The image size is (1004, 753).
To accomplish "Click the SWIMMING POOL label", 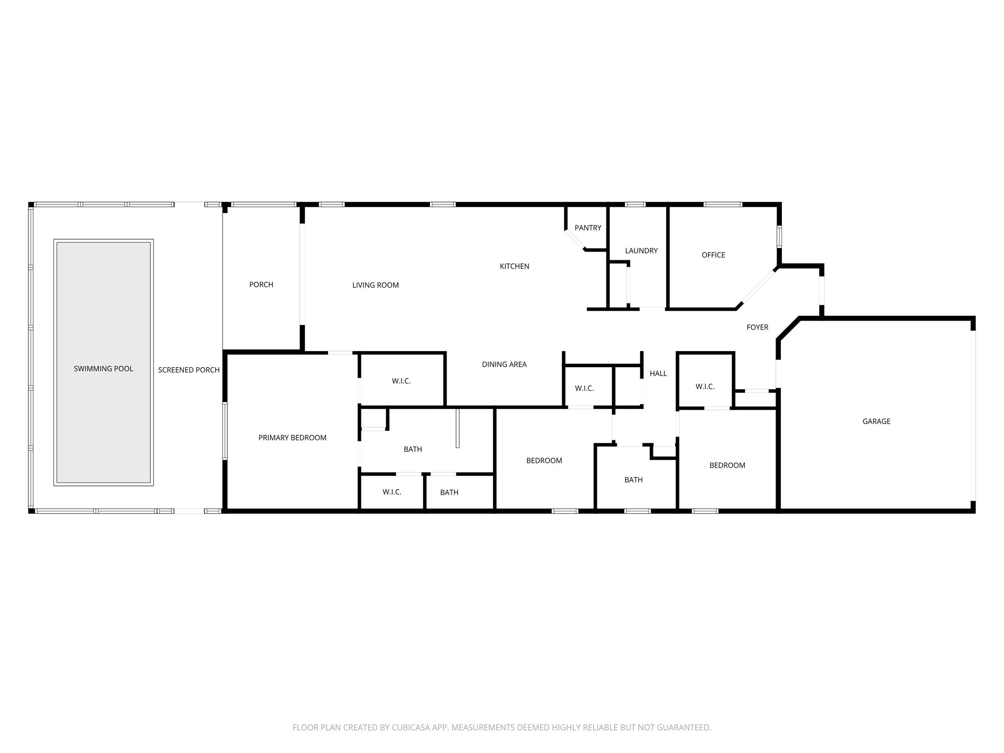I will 103,369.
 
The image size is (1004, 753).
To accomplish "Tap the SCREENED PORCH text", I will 189,370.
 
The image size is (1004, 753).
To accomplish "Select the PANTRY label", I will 588,227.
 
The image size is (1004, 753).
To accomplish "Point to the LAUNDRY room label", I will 641,251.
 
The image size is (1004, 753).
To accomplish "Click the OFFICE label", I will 713,255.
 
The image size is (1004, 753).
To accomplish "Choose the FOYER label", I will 757,327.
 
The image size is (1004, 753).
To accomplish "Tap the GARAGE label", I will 876,421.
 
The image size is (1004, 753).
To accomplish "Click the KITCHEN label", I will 514,266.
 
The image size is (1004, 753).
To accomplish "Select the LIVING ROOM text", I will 376,285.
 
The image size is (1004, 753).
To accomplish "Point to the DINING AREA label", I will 504,364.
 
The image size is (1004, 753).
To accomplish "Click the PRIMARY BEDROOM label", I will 292,438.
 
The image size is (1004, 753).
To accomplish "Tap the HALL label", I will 658,374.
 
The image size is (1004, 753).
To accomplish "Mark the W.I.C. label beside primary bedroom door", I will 401,381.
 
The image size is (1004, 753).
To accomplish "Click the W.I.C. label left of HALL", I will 584,388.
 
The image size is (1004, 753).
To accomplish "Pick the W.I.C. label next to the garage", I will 704,386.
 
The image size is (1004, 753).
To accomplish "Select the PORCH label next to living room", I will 261,284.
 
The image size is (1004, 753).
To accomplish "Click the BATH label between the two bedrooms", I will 633,480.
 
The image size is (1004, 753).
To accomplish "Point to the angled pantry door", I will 576,241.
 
